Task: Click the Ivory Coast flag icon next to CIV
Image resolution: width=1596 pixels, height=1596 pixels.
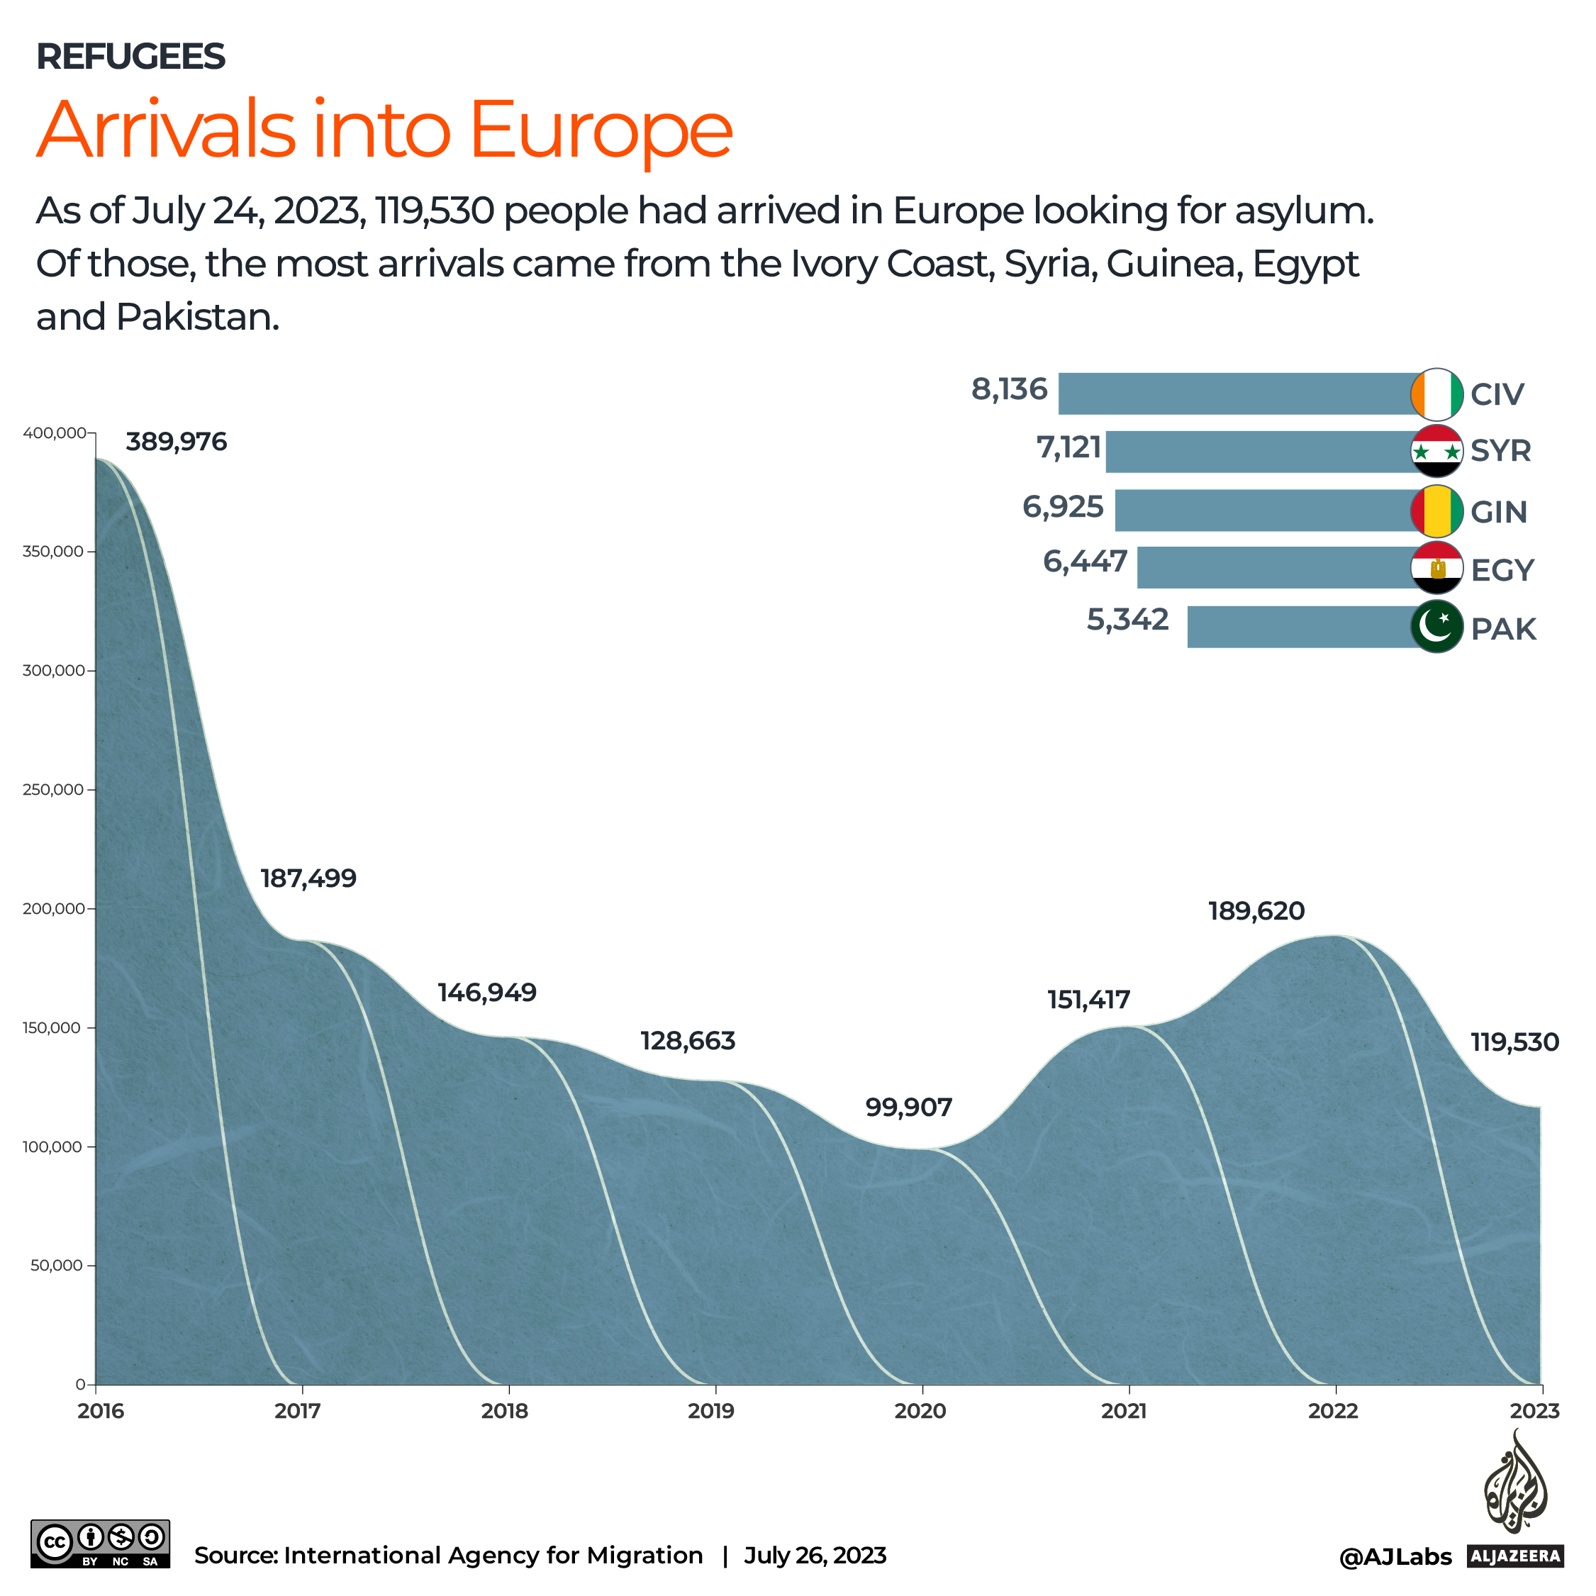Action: click(1436, 394)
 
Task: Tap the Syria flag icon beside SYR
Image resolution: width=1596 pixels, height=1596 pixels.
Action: click(1436, 451)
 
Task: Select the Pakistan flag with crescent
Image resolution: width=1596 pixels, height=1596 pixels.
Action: click(1436, 627)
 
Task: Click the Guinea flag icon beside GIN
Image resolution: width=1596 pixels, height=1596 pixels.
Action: click(1436, 511)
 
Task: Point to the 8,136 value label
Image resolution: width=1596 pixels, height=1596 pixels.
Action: click(1009, 389)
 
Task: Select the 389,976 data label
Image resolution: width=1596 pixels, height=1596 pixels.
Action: click(176, 442)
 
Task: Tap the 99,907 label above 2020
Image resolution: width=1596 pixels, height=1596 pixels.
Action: click(909, 1107)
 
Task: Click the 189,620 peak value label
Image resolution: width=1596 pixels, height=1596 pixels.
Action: click(1256, 911)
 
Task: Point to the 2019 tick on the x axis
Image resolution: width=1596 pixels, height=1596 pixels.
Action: click(711, 1411)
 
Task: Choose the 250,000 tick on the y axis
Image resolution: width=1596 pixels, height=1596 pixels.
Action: click(53, 790)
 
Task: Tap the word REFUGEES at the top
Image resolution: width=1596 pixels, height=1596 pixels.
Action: click(130, 56)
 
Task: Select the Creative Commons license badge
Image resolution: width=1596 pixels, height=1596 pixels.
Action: click(100, 1544)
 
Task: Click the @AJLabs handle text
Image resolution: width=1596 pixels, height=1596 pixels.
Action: click(1395, 1557)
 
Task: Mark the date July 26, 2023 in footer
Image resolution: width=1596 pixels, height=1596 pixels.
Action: click(815, 1556)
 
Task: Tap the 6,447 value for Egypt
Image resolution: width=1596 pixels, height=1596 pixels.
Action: click(1085, 562)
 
